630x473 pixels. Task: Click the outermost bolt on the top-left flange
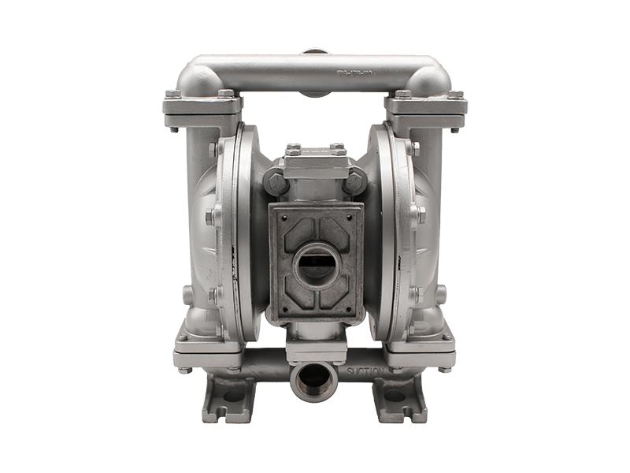[x=172, y=95]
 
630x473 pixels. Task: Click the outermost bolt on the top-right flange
[x=458, y=95]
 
